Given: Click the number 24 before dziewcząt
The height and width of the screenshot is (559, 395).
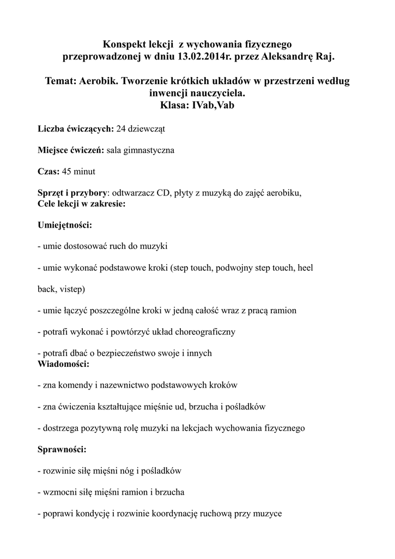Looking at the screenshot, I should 121,129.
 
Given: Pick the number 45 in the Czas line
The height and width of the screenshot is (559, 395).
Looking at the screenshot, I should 66,171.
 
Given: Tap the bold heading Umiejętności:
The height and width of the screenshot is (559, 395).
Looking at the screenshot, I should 65,224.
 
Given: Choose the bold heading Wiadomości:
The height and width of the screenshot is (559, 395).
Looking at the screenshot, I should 63,363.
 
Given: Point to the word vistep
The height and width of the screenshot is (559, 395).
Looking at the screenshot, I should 70,289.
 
